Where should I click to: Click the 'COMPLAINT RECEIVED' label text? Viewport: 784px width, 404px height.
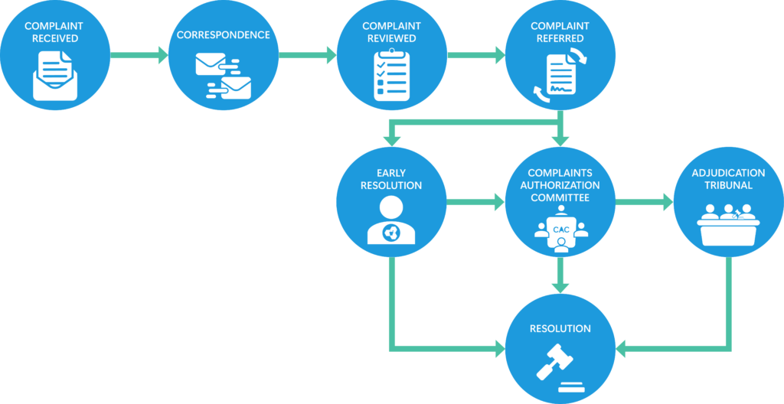pyautogui.click(x=54, y=32)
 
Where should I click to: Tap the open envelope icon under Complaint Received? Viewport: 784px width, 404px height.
pyautogui.click(x=54, y=76)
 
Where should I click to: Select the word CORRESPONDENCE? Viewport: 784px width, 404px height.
pyautogui.click(x=223, y=35)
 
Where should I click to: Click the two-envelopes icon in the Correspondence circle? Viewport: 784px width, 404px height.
pyautogui.click(x=223, y=77)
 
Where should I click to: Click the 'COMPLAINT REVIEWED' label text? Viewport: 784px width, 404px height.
pyautogui.click(x=390, y=32)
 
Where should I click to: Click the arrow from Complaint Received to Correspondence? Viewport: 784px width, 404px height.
pyautogui.click(x=139, y=55)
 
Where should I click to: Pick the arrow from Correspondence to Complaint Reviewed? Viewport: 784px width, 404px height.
pyautogui.click(x=307, y=55)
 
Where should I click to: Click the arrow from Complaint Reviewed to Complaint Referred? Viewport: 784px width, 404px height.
pyautogui.click(x=475, y=55)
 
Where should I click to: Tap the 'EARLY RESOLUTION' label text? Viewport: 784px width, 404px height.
pyautogui.click(x=390, y=179)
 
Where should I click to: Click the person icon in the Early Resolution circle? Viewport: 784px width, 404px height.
pyautogui.click(x=390, y=221)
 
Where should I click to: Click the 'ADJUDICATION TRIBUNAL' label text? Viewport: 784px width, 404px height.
pyautogui.click(x=727, y=179)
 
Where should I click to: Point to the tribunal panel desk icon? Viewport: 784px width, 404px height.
pyautogui.click(x=727, y=223)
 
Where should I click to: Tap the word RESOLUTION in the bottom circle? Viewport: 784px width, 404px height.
pyautogui.click(x=560, y=329)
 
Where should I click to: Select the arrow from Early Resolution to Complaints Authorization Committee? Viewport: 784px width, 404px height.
pyautogui.click(x=475, y=203)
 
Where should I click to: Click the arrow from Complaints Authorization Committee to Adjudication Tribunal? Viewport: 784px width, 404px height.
pyautogui.click(x=643, y=203)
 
